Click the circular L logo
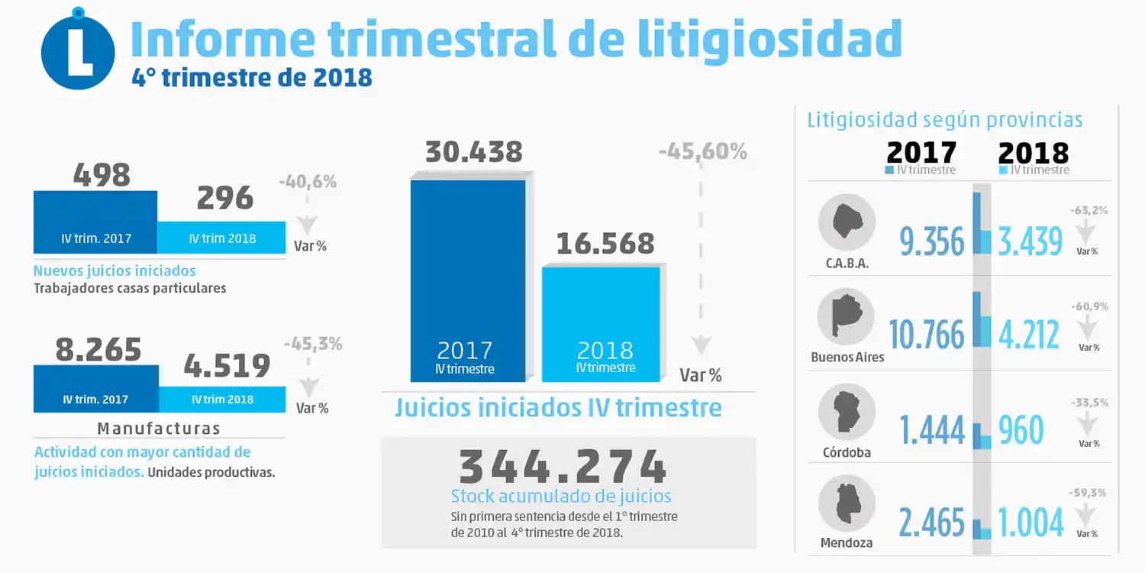(x=78, y=52)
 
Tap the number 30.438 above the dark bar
(x=473, y=152)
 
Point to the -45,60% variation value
(x=702, y=152)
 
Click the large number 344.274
(x=563, y=465)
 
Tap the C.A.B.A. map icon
(x=846, y=222)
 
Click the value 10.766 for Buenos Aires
(x=927, y=335)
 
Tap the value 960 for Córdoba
(x=1021, y=430)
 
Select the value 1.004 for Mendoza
(x=1030, y=523)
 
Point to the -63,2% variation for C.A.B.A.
(x=1089, y=210)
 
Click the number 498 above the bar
(x=102, y=175)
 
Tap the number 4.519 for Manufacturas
(x=227, y=366)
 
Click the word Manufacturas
(x=159, y=428)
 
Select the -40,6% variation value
(x=307, y=183)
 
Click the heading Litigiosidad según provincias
(x=944, y=120)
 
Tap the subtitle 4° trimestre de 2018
(x=251, y=78)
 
